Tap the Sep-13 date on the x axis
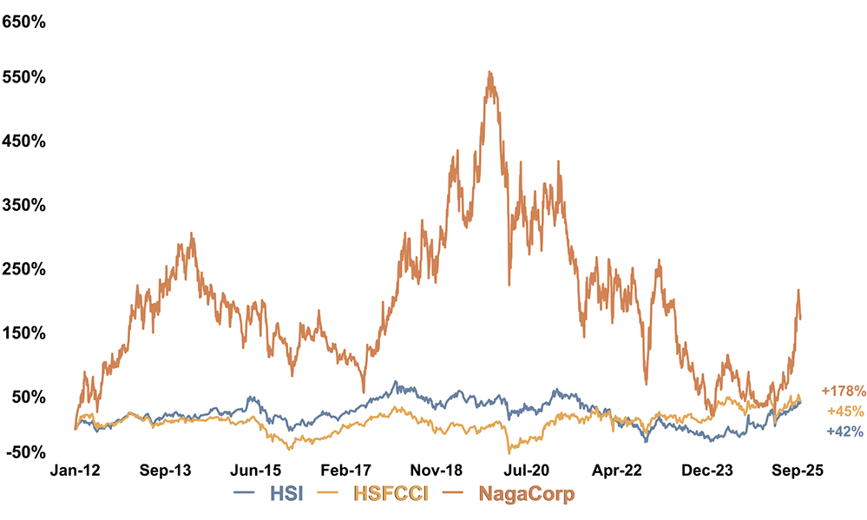pos(165,470)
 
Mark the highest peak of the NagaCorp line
pos(490,72)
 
